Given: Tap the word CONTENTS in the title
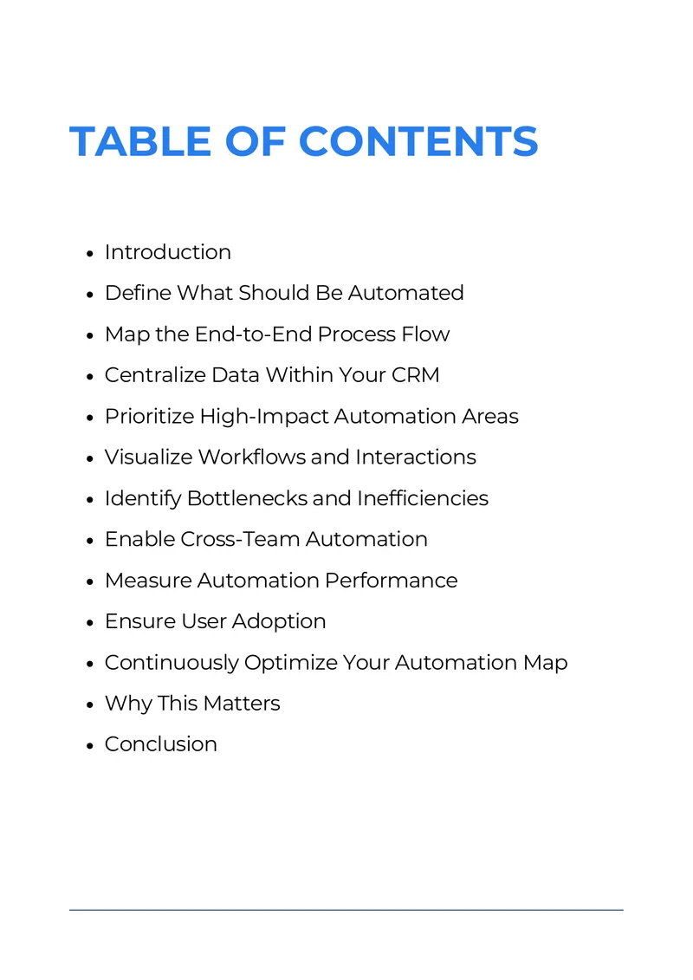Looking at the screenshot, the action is coord(418,141).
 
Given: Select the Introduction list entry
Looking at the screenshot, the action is coord(168,252).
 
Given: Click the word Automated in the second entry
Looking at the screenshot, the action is coord(405,293).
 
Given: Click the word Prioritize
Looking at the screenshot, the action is coord(149,416).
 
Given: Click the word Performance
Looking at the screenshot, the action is coord(392,580).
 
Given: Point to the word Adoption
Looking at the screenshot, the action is coord(279,622).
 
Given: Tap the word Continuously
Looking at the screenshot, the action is coord(172,663).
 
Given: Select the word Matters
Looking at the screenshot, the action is coord(242,703).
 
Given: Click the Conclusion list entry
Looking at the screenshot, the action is coord(161,743).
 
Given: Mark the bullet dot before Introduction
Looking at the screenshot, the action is coord(90,254).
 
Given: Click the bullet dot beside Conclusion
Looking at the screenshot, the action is coord(90,746).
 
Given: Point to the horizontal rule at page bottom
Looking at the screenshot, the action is coord(346,910).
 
